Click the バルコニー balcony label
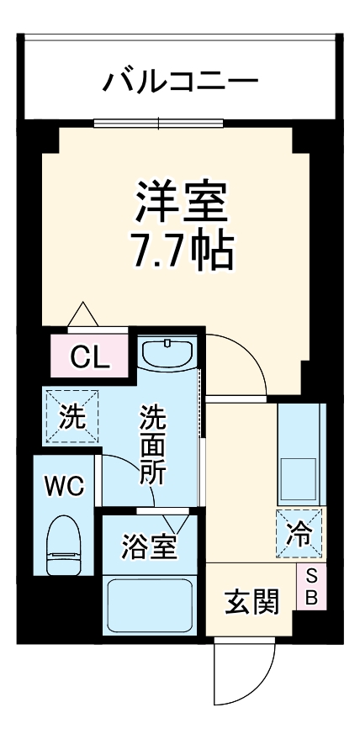tap(180, 82)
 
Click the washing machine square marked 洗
tap(71, 418)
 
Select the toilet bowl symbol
tap(66, 545)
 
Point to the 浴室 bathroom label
tap(150, 546)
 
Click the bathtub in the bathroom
tap(150, 604)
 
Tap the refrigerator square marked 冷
tap(299, 534)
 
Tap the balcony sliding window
tap(159, 122)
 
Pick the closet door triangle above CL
tap(83, 314)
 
